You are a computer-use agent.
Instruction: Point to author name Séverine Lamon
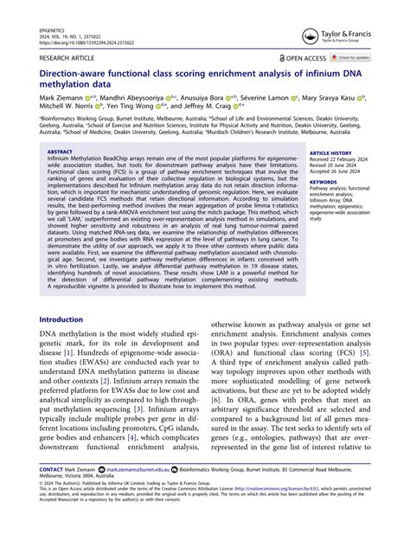pyautogui.click(x=260, y=100)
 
